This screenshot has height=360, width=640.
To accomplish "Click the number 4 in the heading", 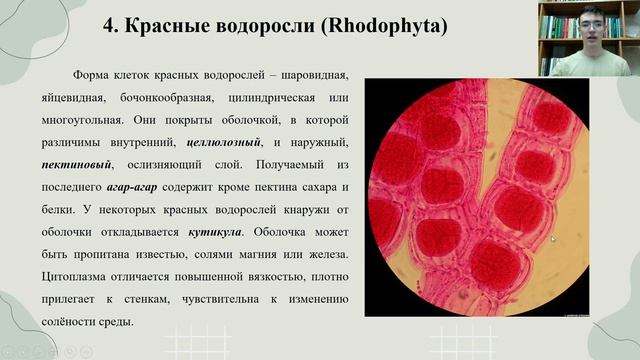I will tap(110, 27).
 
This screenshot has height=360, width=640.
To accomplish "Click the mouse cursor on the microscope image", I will tap(552, 239).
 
